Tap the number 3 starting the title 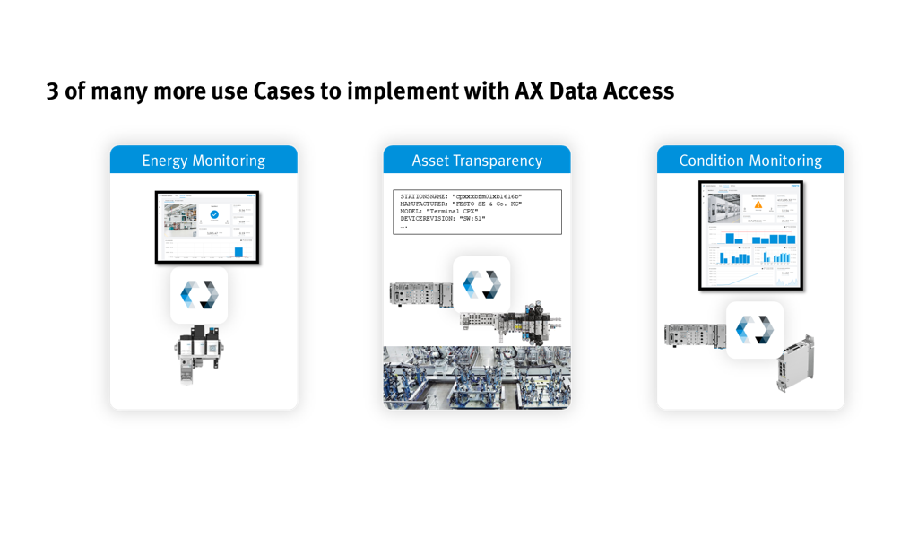click(x=53, y=91)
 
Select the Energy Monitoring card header click(x=204, y=161)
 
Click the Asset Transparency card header click(x=477, y=161)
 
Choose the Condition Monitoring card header click(x=750, y=161)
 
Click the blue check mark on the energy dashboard click(x=213, y=216)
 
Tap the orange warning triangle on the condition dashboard click(x=758, y=204)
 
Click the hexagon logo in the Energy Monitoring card click(x=199, y=294)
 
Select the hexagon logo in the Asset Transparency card click(x=481, y=285)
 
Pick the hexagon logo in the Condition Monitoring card click(x=754, y=329)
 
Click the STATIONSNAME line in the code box click(x=461, y=195)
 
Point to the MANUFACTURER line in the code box click(x=461, y=204)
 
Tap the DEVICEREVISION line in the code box click(x=443, y=219)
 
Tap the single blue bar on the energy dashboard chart click(x=239, y=251)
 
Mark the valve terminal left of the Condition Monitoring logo click(x=691, y=334)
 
